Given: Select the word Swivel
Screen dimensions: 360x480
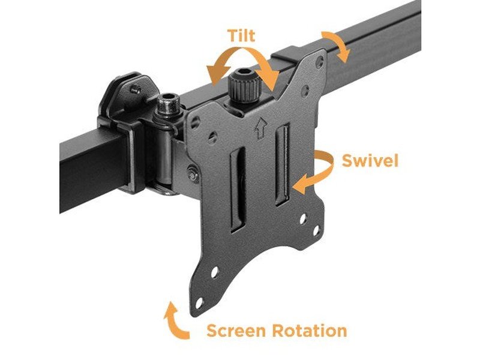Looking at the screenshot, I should [x=370, y=161].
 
